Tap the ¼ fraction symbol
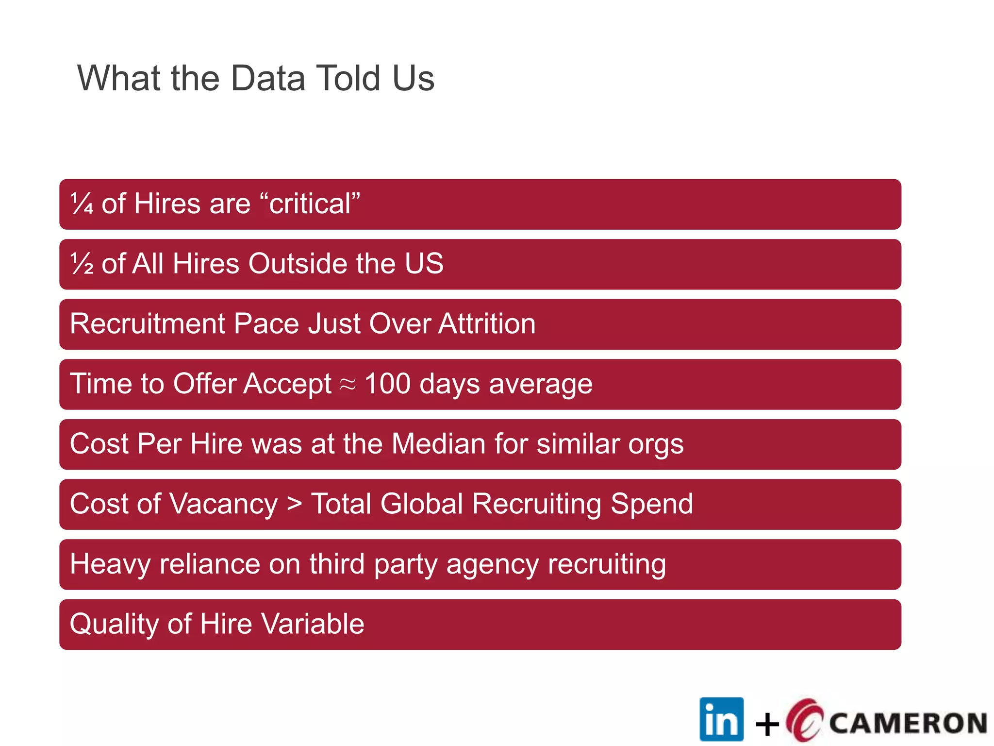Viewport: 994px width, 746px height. coord(82,203)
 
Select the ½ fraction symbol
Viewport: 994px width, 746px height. coord(82,264)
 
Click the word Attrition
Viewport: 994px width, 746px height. coord(487,324)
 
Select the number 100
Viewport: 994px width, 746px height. coord(387,384)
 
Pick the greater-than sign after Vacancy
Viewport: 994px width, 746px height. coord(294,504)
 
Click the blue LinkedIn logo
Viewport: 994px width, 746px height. coord(721,719)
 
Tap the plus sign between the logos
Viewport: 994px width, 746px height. coord(767,725)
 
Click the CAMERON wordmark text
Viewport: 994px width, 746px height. coord(908,723)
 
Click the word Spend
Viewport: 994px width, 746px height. coord(651,504)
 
